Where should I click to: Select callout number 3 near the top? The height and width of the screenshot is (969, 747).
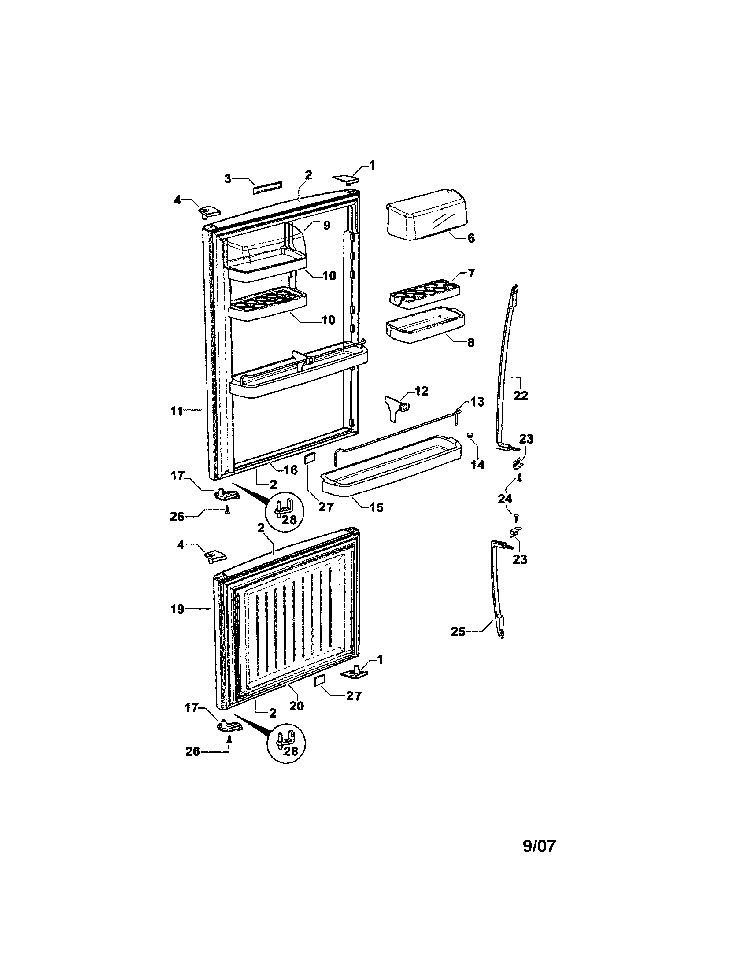228,179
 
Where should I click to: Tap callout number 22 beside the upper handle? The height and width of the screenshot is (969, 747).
520,396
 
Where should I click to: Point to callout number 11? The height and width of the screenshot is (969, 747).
177,411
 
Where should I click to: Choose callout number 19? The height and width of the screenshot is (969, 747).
177,609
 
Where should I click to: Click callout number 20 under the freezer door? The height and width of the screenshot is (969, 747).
296,705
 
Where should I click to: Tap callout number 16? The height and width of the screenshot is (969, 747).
290,470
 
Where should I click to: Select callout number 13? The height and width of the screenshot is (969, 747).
477,402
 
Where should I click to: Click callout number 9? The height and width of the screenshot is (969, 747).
326,226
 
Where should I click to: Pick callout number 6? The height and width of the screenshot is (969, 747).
471,238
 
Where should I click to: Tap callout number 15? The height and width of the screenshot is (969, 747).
376,507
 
